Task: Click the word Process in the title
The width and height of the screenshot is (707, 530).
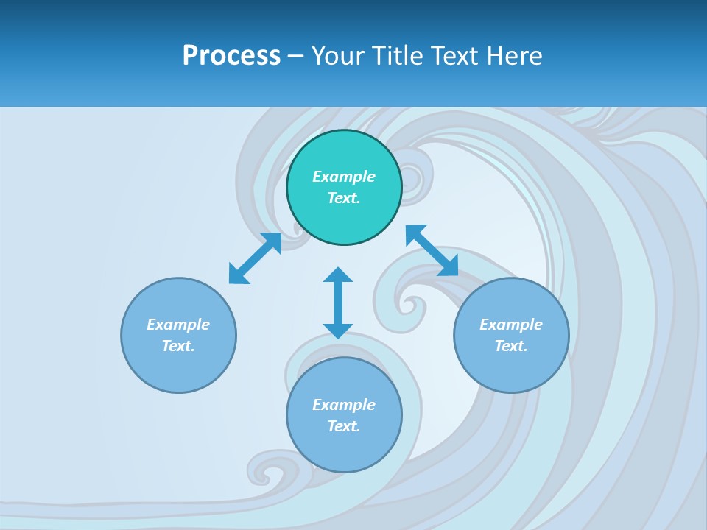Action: click(x=231, y=56)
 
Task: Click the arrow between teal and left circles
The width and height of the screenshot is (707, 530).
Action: click(x=255, y=258)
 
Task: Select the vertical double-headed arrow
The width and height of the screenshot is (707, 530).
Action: click(x=338, y=303)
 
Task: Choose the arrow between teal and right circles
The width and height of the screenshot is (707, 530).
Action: click(x=432, y=250)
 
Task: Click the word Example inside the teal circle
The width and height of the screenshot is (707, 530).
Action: click(x=344, y=177)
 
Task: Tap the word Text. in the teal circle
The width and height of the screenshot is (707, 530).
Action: click(x=344, y=198)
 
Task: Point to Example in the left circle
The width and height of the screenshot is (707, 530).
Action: click(x=178, y=325)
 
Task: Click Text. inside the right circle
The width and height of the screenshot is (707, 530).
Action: click(x=511, y=346)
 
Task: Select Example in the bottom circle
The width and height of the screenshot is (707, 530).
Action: click(x=344, y=405)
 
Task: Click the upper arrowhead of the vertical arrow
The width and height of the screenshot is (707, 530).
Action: click(x=338, y=275)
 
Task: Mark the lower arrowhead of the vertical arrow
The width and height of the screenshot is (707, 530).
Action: click(x=338, y=330)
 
